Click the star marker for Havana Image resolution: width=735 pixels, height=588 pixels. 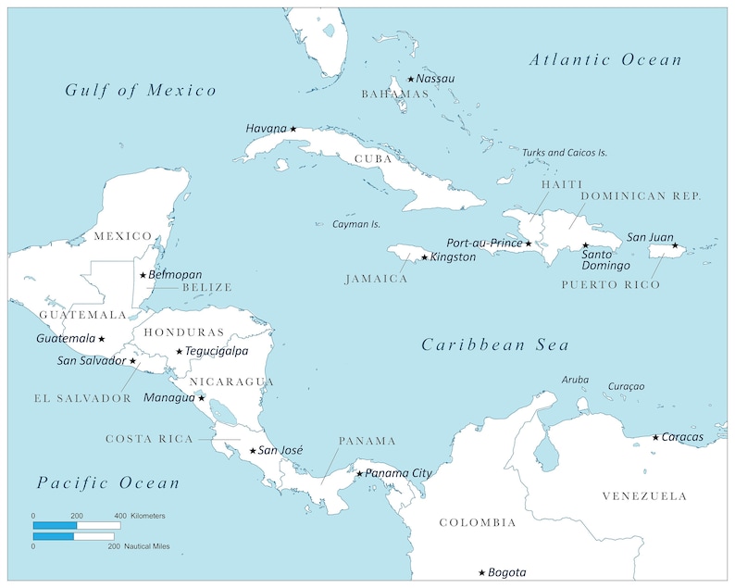point(293,129)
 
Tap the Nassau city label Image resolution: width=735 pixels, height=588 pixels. point(436,79)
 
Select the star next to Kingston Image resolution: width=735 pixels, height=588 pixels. point(425,257)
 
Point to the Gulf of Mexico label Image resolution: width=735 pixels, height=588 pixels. point(141,90)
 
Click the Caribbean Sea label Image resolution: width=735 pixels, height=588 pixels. point(495,344)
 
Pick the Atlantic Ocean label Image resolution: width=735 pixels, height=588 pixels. point(605,60)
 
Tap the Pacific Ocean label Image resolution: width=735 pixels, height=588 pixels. point(108,482)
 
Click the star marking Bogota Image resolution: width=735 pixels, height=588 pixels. point(481,573)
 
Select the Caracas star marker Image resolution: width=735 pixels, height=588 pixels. point(655,437)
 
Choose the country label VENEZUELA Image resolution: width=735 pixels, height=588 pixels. point(644,496)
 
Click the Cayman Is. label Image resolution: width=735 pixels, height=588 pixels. point(356,224)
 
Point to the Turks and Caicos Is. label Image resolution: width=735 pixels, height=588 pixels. point(565,153)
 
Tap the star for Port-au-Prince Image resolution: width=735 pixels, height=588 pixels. point(529,244)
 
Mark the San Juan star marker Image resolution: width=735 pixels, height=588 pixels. point(675,246)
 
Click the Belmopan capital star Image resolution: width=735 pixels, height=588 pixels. point(143,275)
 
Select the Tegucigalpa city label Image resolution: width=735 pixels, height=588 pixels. point(217,351)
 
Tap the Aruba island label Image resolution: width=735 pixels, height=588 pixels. point(575,380)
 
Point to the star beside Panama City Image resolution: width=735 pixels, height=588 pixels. point(360,474)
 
